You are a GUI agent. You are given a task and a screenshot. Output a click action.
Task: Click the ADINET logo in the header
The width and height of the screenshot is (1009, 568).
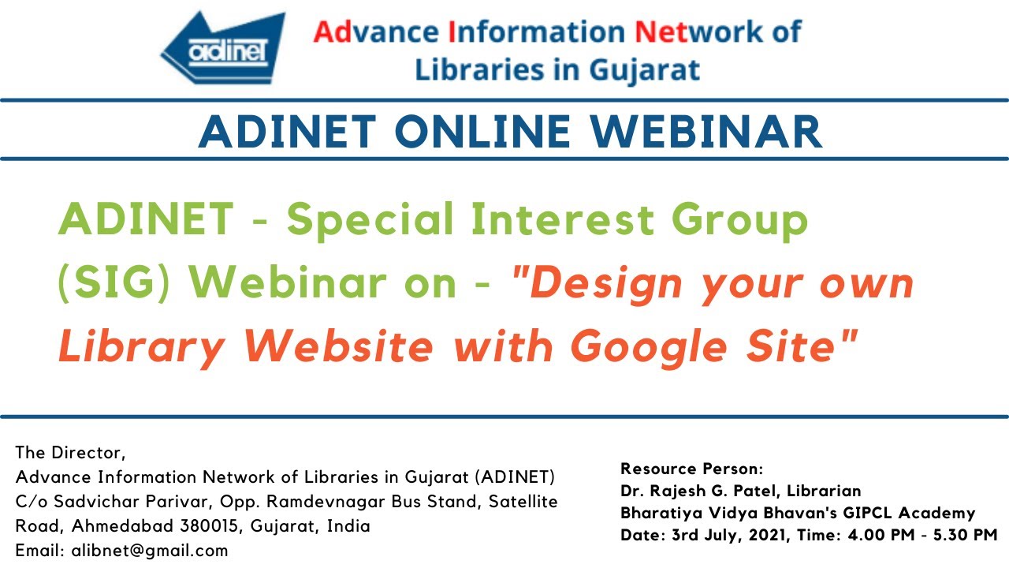(x=223, y=50)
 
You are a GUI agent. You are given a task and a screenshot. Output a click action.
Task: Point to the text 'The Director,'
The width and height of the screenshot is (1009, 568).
(x=70, y=453)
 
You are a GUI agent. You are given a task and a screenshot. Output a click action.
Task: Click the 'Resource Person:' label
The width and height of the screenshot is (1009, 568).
(x=692, y=469)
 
